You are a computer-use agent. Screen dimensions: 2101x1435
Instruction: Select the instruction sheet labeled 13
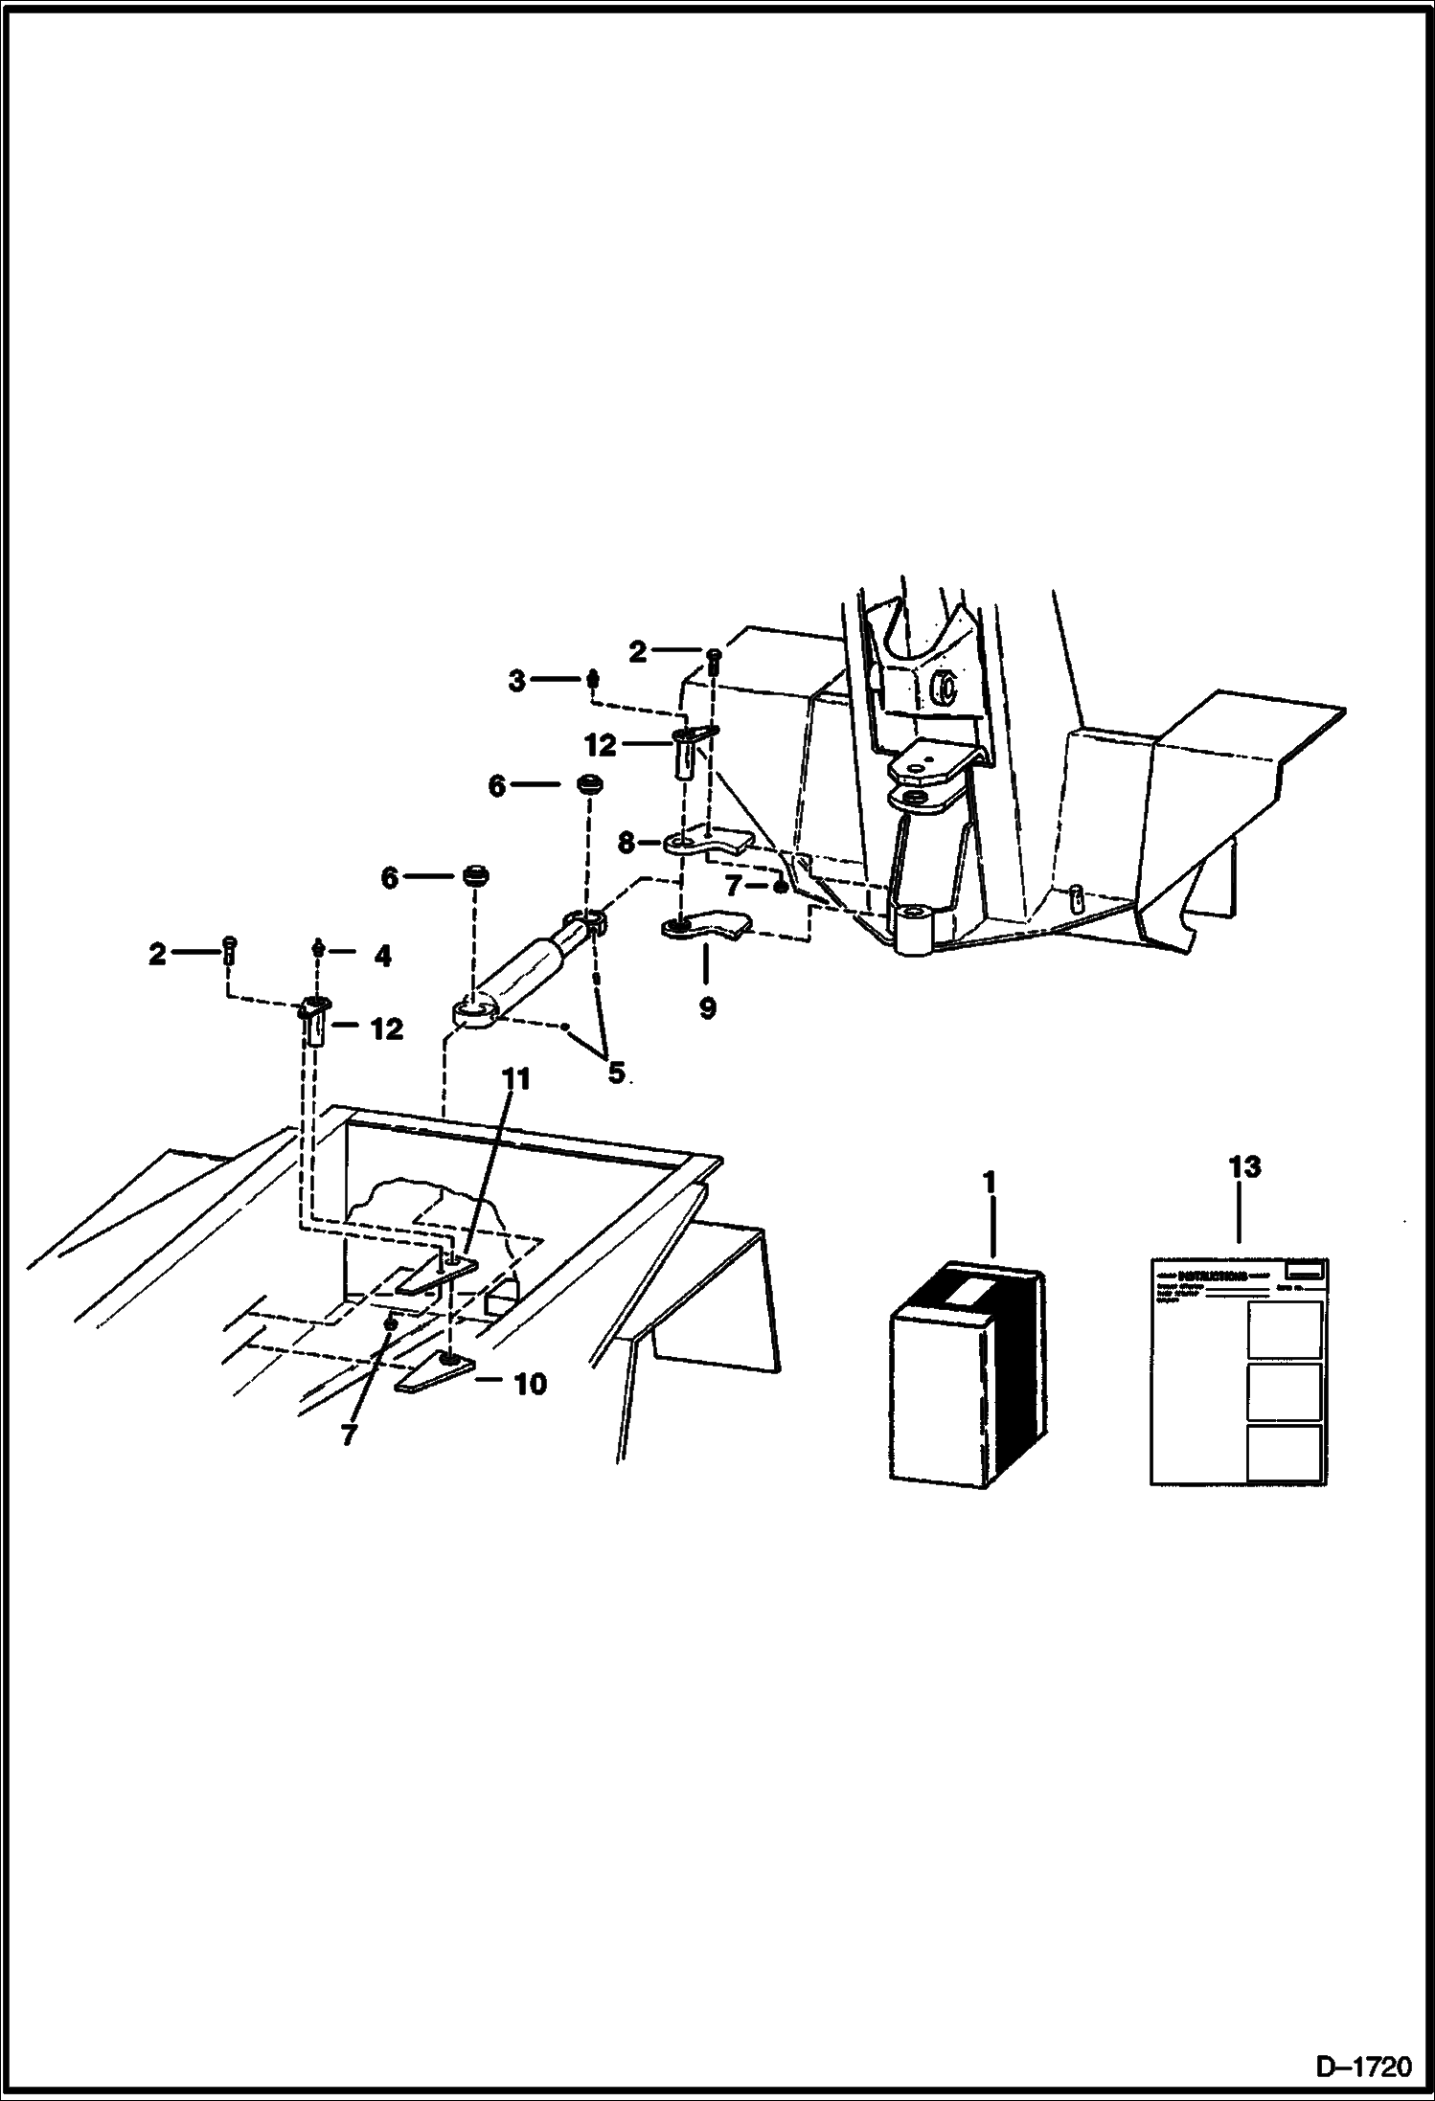1239,1372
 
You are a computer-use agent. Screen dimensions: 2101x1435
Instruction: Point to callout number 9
707,1009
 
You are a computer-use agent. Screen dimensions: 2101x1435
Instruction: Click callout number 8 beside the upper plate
626,843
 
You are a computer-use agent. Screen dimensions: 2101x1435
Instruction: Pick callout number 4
382,956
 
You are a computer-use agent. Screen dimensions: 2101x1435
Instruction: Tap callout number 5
616,1073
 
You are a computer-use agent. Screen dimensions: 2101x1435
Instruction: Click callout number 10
530,1384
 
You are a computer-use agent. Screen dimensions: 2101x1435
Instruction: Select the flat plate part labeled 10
434,1373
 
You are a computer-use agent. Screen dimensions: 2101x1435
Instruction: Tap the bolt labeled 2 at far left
229,950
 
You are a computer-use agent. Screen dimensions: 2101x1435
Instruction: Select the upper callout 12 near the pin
601,744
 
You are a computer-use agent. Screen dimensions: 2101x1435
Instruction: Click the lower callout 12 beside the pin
386,1029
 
